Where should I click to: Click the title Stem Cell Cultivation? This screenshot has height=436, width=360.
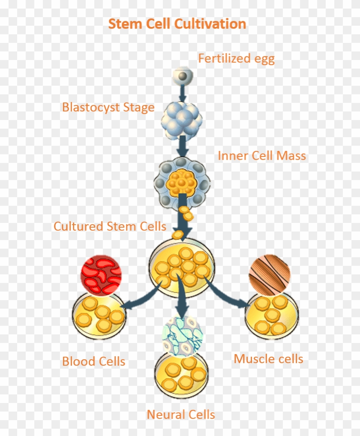click(x=177, y=24)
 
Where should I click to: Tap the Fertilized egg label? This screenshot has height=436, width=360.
click(x=236, y=58)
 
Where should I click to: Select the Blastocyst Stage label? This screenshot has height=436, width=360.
click(x=108, y=107)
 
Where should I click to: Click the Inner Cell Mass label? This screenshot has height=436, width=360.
click(x=261, y=156)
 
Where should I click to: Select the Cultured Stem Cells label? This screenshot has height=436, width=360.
click(x=110, y=226)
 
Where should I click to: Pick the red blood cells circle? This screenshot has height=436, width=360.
click(x=101, y=275)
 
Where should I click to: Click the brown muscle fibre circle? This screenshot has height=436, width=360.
click(x=270, y=275)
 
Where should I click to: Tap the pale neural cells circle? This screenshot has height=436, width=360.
click(x=182, y=336)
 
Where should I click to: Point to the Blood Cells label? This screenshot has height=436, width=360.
click(x=93, y=361)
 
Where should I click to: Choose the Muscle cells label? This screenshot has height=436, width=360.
click(x=268, y=359)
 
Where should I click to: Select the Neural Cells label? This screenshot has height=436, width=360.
click(x=180, y=415)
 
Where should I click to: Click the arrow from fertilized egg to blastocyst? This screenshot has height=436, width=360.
click(x=182, y=93)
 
